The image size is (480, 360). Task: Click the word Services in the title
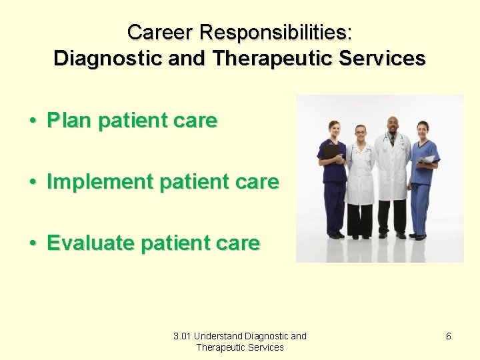pyautogui.click(x=382, y=59)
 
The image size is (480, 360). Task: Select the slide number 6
pyautogui.click(x=448, y=336)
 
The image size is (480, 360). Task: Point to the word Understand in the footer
pyautogui.click(x=219, y=336)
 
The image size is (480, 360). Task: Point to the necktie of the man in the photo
pyautogui.click(x=393, y=139)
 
